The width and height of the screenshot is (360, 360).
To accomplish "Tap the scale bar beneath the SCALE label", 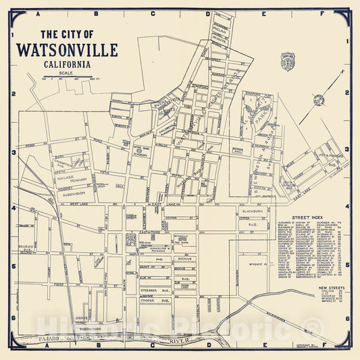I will point(65,78).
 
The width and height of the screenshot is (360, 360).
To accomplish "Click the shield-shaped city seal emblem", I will point(287,60).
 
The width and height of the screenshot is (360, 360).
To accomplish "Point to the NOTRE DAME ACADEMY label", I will point(141,151).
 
